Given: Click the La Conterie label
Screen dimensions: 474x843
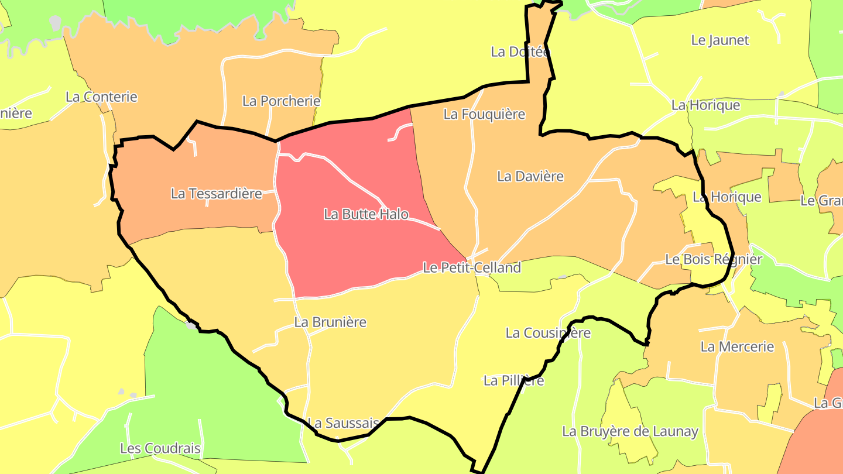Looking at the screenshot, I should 101,97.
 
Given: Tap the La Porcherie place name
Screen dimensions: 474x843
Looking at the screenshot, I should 281,101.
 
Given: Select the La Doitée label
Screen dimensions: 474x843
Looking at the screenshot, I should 520,52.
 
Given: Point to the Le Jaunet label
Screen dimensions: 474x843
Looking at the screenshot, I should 720,40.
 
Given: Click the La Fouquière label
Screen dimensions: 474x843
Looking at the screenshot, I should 484,114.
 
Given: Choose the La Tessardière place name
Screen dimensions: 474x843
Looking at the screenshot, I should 216,194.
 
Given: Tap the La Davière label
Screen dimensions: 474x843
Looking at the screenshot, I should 530,176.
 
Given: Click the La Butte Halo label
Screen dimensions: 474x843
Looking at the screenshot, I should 366,215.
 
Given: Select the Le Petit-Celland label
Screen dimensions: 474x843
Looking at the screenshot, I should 471,268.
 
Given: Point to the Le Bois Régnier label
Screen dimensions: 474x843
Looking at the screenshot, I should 714,259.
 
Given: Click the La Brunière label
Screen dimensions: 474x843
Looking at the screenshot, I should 330,322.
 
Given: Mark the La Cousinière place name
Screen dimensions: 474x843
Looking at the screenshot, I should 548,333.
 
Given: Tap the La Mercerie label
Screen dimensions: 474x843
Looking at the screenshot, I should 737,347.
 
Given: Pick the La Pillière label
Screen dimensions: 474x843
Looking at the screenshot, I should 513,381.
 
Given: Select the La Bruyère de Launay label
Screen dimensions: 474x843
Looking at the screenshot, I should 630,432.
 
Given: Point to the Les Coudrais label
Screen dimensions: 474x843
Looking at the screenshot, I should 160,449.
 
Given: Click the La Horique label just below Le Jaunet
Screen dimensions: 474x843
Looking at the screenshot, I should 705,105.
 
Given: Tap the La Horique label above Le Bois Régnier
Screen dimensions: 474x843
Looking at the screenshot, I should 727,197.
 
